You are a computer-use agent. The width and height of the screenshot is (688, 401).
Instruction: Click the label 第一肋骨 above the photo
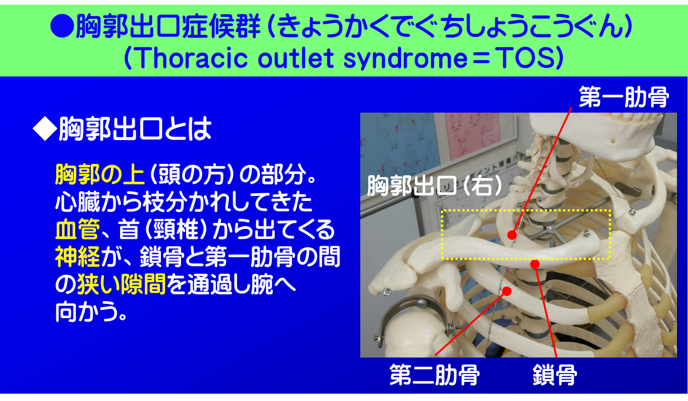(x=624, y=97)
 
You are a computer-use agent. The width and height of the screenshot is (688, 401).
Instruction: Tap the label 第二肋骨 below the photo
(x=435, y=375)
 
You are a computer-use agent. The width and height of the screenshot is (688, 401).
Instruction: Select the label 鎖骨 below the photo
(x=555, y=375)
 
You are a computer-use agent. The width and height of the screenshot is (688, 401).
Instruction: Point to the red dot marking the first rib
(x=512, y=235)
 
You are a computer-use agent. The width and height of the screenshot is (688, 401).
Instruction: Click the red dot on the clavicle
(x=534, y=264)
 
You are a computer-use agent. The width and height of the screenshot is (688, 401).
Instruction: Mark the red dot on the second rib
(x=506, y=291)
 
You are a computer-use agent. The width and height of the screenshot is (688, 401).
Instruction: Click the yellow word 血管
(x=77, y=229)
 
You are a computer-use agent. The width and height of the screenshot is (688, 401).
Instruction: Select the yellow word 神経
(x=77, y=257)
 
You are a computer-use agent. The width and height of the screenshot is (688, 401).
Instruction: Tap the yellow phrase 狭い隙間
(x=121, y=284)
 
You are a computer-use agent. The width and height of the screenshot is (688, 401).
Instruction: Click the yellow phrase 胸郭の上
(x=99, y=174)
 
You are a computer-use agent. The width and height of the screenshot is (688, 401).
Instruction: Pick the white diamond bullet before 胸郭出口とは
(x=44, y=129)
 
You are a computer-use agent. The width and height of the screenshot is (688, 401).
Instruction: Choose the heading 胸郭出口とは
(x=135, y=129)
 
